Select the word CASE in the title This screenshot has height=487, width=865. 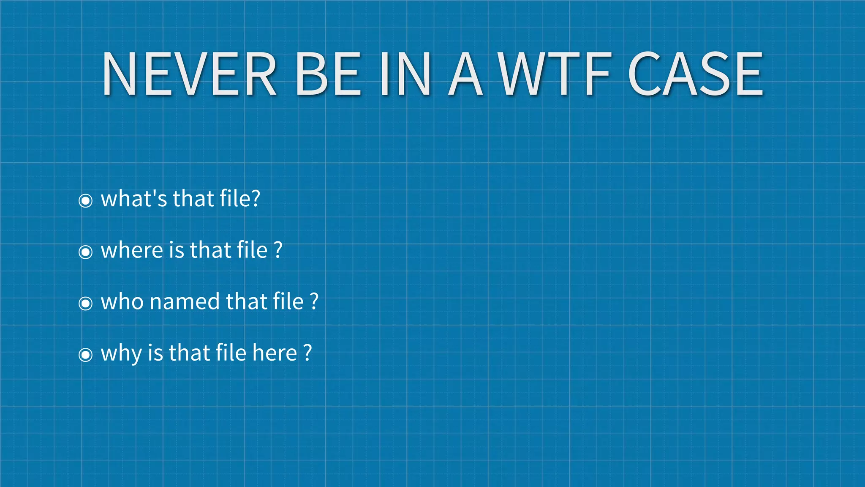pos(696,74)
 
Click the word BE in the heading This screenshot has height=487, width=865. pos(328,74)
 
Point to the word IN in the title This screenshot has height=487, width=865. pos(405,74)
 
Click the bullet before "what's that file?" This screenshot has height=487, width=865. pos(86,200)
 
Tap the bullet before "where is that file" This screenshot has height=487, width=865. pos(86,252)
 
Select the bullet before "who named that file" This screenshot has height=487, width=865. pos(86,303)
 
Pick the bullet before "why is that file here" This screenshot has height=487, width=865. pos(86,355)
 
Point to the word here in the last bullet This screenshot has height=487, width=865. pos(275,353)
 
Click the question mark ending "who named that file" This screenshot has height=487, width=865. pos(314,301)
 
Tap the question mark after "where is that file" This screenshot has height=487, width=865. pos(278,250)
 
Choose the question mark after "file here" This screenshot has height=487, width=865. pos(307,353)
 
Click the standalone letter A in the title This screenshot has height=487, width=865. pos(465,74)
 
